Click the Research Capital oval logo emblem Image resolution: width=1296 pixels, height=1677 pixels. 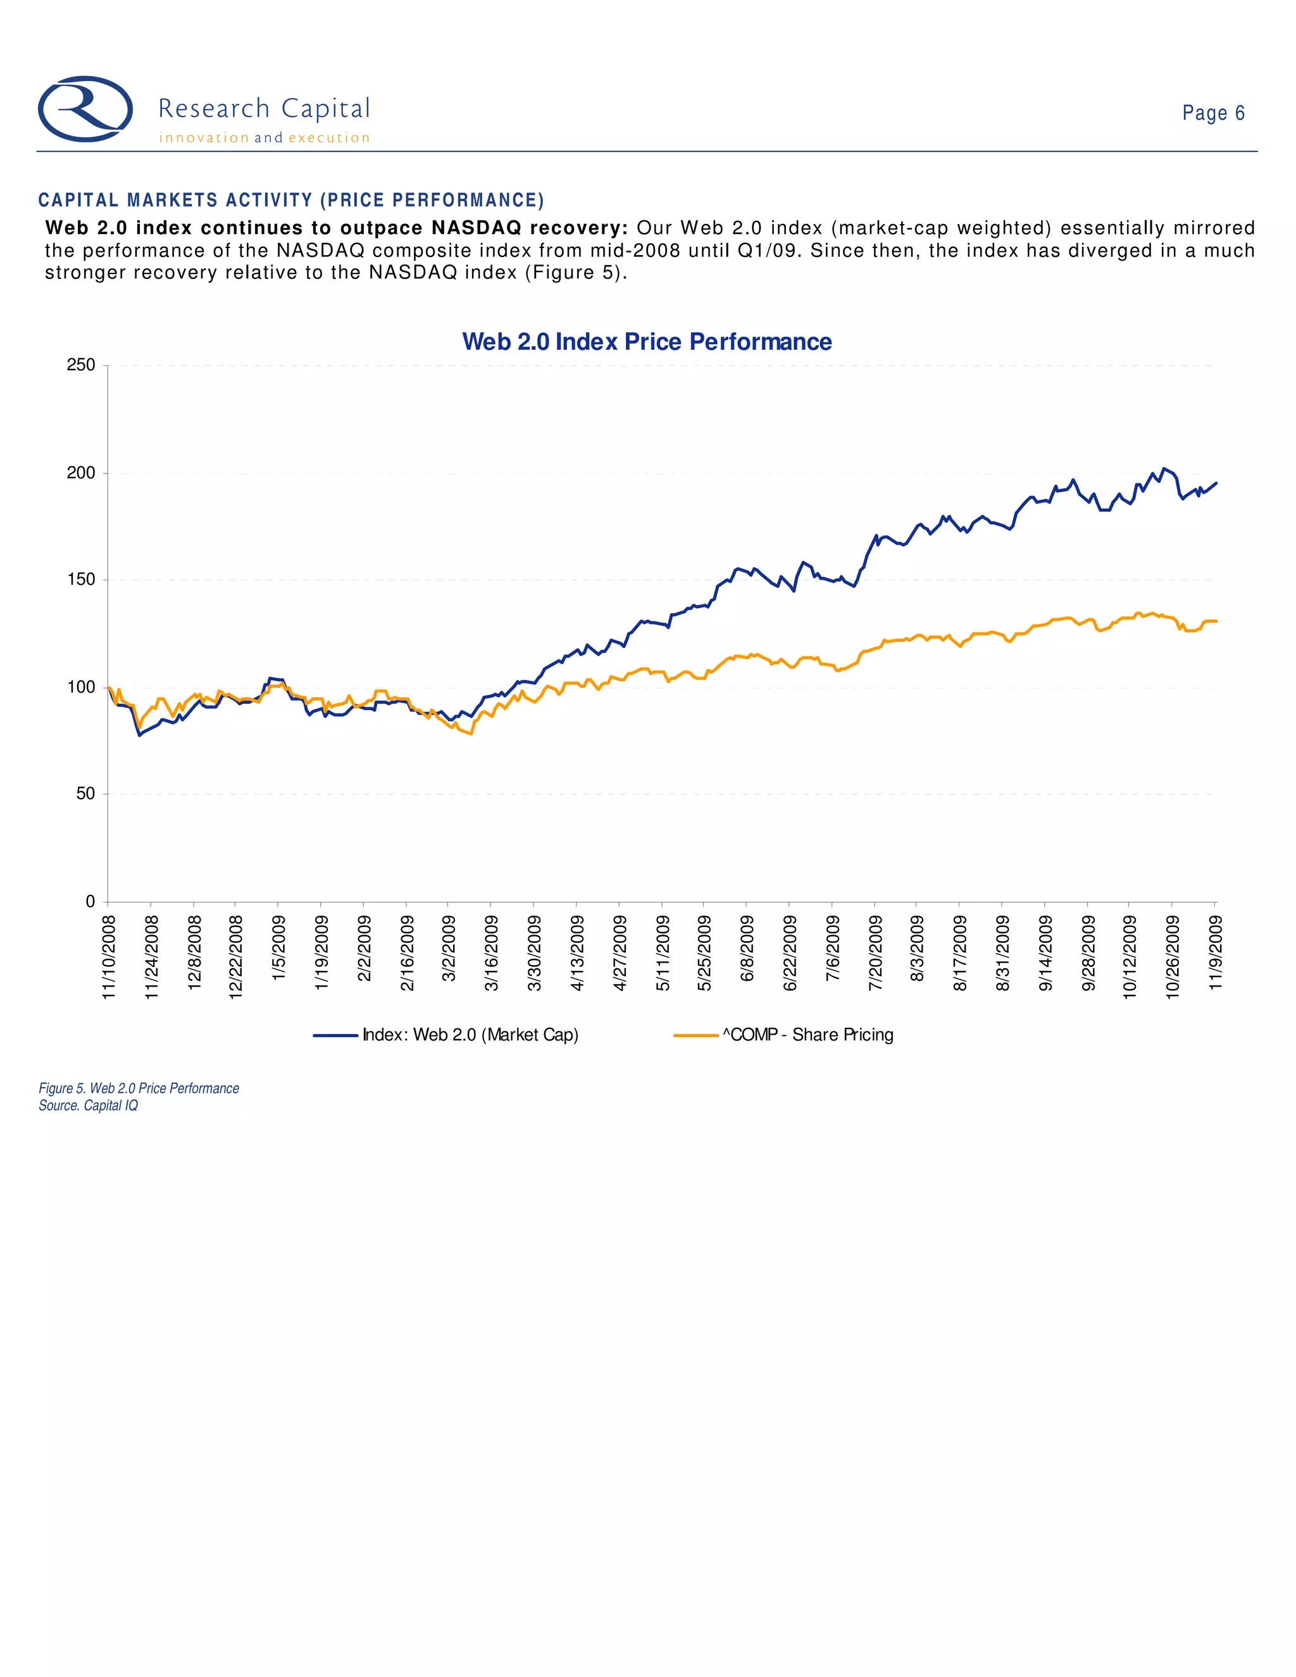85,109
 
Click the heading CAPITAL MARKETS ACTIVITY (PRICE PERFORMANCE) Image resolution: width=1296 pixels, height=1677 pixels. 291,201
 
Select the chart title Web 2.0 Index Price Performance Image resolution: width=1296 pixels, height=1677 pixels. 647,342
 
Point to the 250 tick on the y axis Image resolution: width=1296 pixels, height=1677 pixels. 82,366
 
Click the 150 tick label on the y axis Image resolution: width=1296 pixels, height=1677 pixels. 82,580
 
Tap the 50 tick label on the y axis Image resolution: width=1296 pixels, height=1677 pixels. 85,794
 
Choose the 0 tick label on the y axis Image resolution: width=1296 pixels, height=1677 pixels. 90,901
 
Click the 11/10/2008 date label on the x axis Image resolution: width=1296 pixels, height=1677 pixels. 109,957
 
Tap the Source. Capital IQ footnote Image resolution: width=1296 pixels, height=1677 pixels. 89,1106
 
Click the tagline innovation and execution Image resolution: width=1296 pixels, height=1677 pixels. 264,138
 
